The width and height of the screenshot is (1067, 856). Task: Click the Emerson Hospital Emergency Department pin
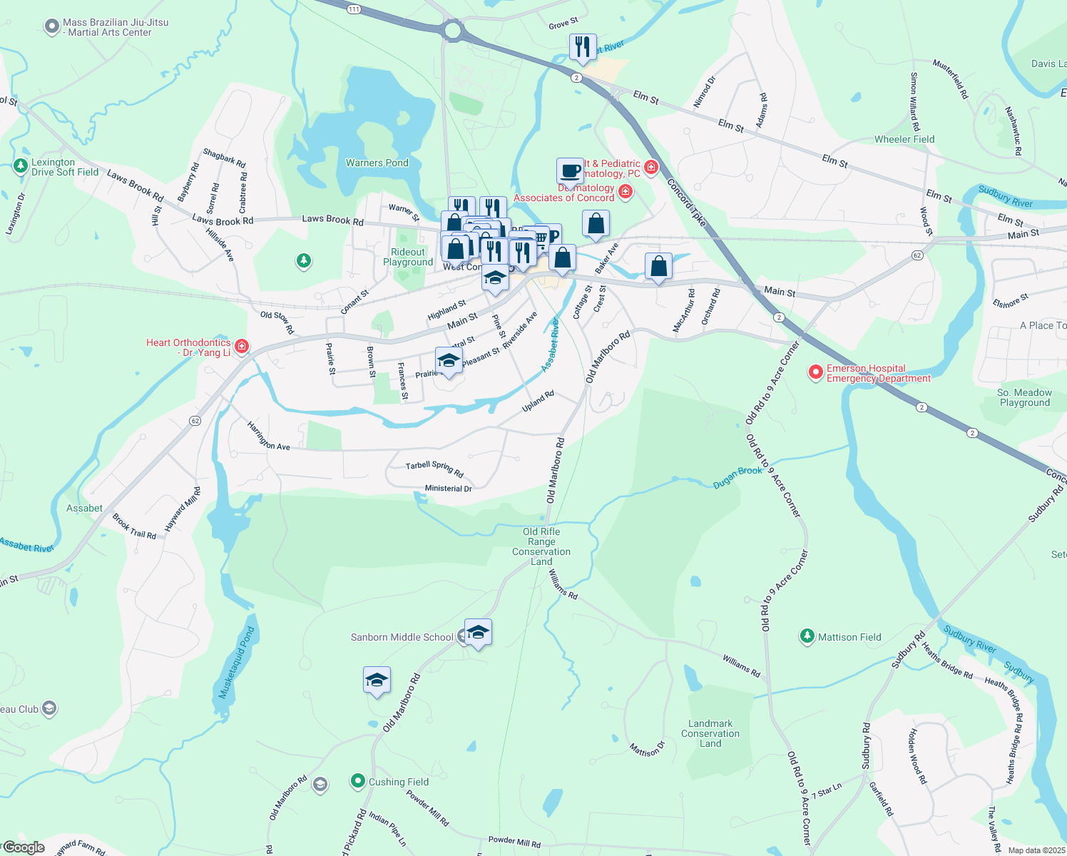[x=815, y=372]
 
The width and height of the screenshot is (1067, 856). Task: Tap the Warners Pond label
[x=377, y=163]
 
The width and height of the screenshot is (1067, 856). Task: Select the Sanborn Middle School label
[x=402, y=637]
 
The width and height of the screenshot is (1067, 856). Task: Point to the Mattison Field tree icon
[x=807, y=636]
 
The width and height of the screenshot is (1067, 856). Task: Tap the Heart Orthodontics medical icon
[x=242, y=347]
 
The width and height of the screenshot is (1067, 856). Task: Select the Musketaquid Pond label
[x=236, y=663]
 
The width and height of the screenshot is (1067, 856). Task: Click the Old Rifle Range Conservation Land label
[x=541, y=546]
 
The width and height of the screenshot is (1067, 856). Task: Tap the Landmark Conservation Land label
[x=710, y=733]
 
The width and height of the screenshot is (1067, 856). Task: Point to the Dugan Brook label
[x=737, y=477]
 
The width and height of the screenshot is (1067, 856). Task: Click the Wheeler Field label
[x=904, y=139]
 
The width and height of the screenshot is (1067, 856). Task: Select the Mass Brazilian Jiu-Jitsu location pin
[x=51, y=27]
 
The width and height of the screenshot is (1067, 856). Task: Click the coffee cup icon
[x=569, y=171]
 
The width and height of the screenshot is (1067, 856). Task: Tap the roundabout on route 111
[x=452, y=31]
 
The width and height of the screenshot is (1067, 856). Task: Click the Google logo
[x=24, y=847]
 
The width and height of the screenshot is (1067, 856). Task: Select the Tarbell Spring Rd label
[x=434, y=469]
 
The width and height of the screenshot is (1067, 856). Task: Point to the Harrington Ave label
[x=268, y=436]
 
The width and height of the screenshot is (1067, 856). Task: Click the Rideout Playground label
[x=408, y=257]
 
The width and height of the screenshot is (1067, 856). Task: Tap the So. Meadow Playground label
[x=1024, y=397]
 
